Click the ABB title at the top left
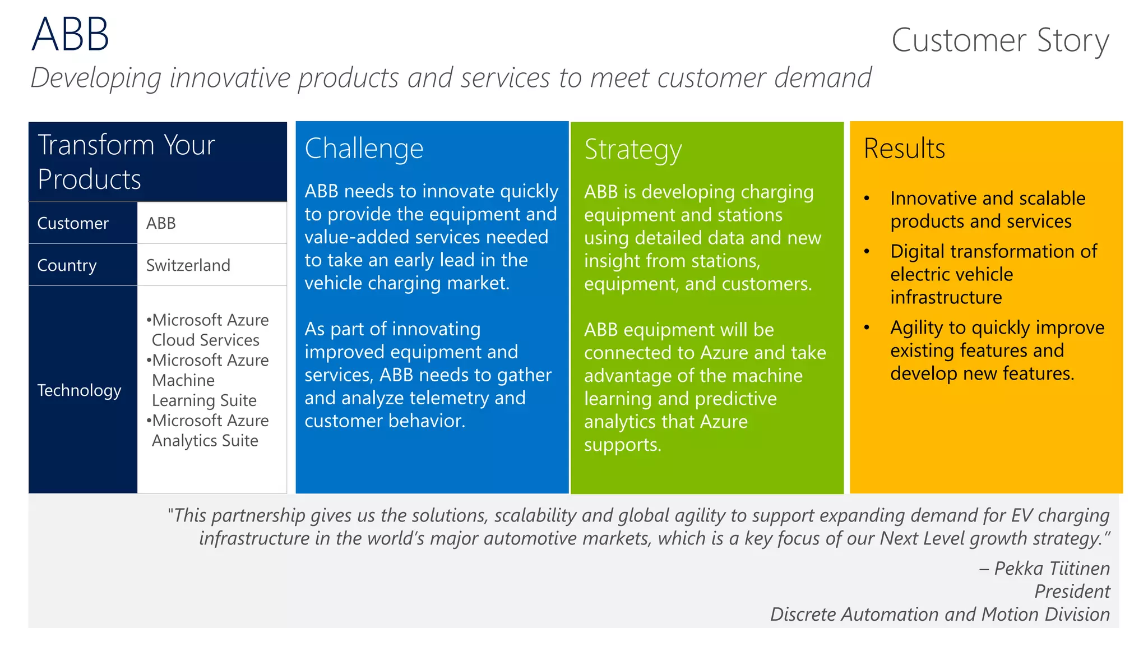tap(70, 35)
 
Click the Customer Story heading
tap(1000, 40)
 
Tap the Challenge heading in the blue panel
tap(364, 149)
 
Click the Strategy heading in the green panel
tap(633, 150)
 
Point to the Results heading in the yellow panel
tap(904, 149)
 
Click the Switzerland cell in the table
tap(188, 265)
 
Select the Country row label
tap(67, 265)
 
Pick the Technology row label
tap(79, 390)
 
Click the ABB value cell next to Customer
tap(161, 223)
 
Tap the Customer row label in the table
tap(73, 223)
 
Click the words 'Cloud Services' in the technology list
tap(206, 340)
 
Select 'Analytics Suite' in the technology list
tap(205, 441)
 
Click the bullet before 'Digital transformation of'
tap(867, 252)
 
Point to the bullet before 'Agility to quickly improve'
tap(867, 328)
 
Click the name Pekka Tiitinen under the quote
tap(1052, 569)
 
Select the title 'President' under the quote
tap(1072, 592)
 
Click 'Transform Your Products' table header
tap(126, 162)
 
